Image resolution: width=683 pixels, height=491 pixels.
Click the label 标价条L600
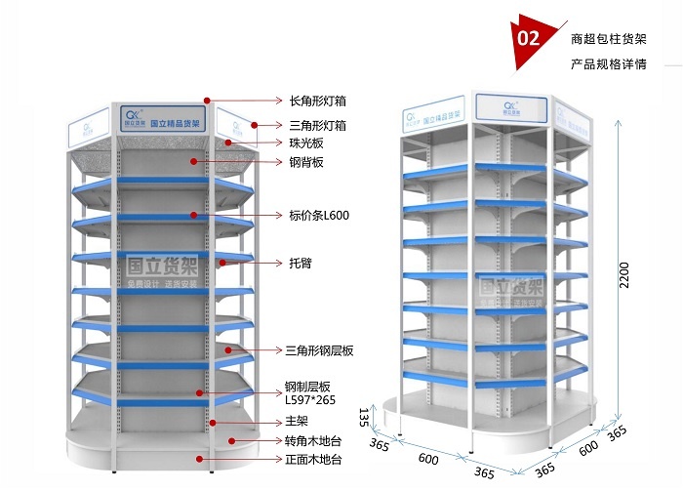[x=319, y=215]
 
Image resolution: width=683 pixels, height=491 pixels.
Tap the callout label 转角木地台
[x=313, y=441]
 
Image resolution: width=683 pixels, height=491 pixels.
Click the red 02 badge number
[x=530, y=39]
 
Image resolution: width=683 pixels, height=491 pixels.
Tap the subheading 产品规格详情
[x=608, y=65]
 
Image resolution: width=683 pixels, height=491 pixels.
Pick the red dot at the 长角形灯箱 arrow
[x=208, y=100]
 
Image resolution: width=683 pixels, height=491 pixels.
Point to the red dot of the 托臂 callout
[x=221, y=263]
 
